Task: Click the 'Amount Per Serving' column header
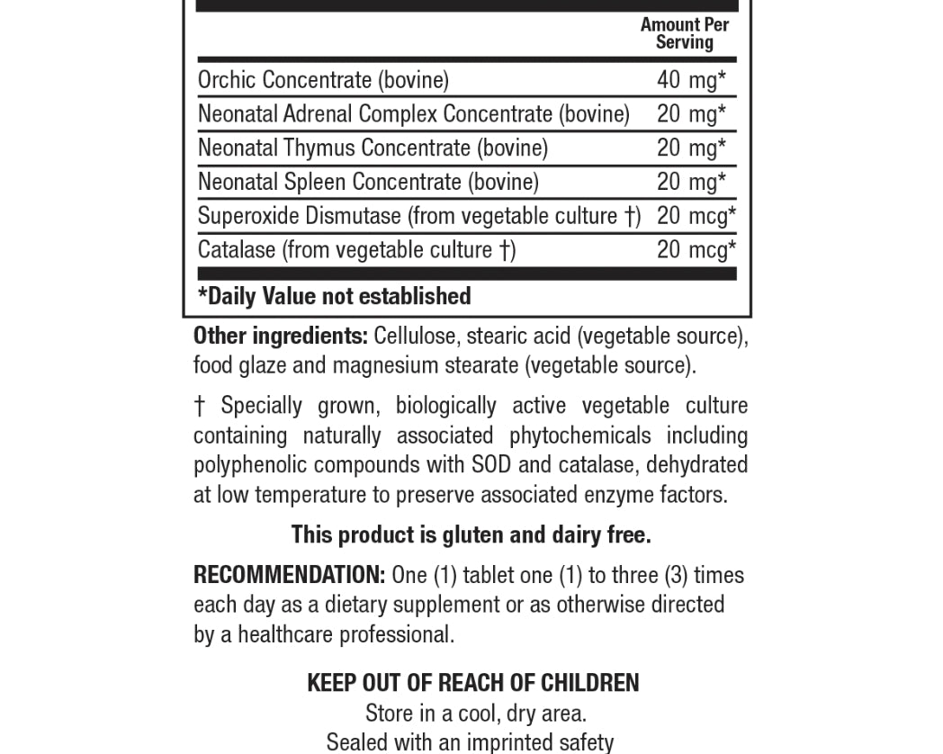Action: point(684,33)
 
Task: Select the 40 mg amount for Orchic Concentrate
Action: point(690,80)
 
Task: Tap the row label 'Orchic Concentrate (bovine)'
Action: point(323,80)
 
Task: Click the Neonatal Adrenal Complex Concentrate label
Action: point(413,114)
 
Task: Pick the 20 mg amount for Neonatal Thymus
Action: point(690,148)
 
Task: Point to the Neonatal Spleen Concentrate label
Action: point(368,182)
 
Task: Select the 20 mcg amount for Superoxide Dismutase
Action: point(696,216)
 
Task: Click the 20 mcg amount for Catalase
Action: point(696,249)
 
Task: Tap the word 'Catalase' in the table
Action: point(237,249)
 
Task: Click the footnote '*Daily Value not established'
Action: point(334,296)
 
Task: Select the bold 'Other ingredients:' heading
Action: point(281,337)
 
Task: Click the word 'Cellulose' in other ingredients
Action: point(416,337)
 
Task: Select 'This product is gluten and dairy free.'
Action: point(471,535)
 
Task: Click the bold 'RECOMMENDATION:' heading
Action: point(289,575)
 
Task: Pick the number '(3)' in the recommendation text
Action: point(676,575)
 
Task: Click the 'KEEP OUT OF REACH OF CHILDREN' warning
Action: point(473,683)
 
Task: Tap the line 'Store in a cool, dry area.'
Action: point(476,714)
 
